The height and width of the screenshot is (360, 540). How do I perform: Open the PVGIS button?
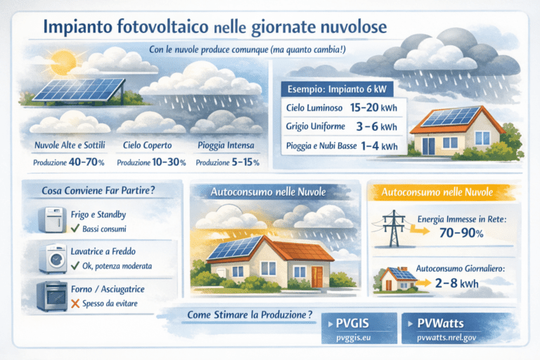point(353,325)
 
